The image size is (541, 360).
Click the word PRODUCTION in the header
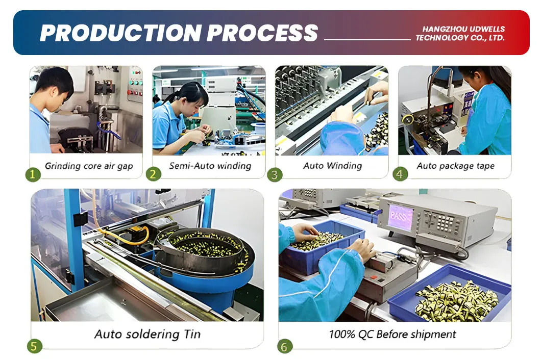pos(120,33)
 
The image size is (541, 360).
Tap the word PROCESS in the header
pos(262,33)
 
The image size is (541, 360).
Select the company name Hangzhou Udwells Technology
pos(459,34)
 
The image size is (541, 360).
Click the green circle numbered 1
pos(33,174)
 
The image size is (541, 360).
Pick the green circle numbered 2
pos(153,174)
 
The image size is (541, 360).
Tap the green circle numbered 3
pos(275,174)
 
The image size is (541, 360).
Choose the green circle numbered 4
pos(400,174)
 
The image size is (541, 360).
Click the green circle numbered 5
pos(34,346)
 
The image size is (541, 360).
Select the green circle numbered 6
pos(285,346)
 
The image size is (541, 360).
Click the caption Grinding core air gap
pos(89,166)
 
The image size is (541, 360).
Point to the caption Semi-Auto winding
pos(210,166)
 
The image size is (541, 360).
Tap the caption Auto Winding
pos(332,166)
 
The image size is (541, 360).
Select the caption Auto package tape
pos(455,166)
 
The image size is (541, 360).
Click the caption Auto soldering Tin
pos(147,335)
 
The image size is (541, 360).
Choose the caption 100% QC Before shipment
pos(392,335)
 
